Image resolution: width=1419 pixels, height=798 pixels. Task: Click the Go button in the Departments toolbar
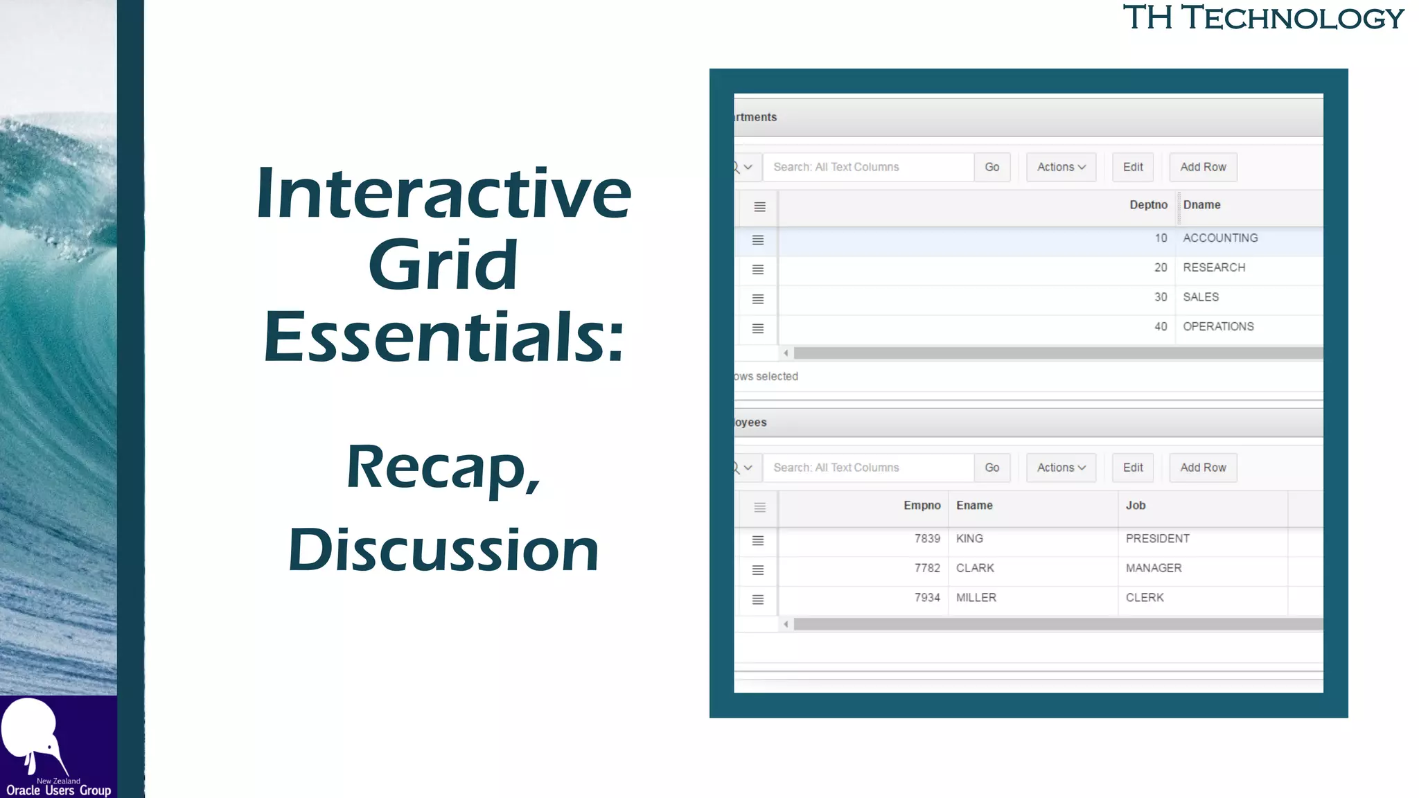point(991,167)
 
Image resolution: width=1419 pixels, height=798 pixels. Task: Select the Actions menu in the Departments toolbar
point(1061,167)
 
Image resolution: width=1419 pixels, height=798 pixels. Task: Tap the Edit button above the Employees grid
point(1133,468)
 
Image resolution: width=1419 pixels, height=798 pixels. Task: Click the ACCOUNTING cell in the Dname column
point(1220,238)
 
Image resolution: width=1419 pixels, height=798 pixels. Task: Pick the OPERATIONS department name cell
point(1218,326)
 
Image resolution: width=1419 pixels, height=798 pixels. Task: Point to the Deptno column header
point(1148,205)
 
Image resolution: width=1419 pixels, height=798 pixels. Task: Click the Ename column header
point(974,506)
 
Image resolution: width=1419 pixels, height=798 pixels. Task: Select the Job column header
point(1136,506)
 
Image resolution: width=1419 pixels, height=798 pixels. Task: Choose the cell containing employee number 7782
point(927,568)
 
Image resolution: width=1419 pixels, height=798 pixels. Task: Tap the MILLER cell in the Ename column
point(976,598)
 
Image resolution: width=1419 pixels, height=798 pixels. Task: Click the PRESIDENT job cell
point(1157,539)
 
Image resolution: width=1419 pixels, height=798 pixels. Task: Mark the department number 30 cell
point(1161,297)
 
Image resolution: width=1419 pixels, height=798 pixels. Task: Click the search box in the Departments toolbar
point(868,167)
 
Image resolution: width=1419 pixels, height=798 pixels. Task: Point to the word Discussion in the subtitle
point(443,550)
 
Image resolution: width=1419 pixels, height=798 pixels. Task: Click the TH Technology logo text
point(1263,18)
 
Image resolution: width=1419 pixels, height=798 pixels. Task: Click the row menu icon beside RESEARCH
point(758,269)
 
